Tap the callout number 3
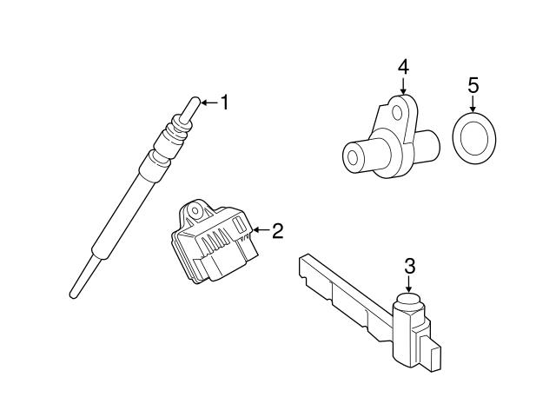coord(409,265)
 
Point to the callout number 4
coord(403,67)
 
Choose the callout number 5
coord(473,85)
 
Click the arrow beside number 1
coord(207,103)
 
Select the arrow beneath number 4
coord(403,85)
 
